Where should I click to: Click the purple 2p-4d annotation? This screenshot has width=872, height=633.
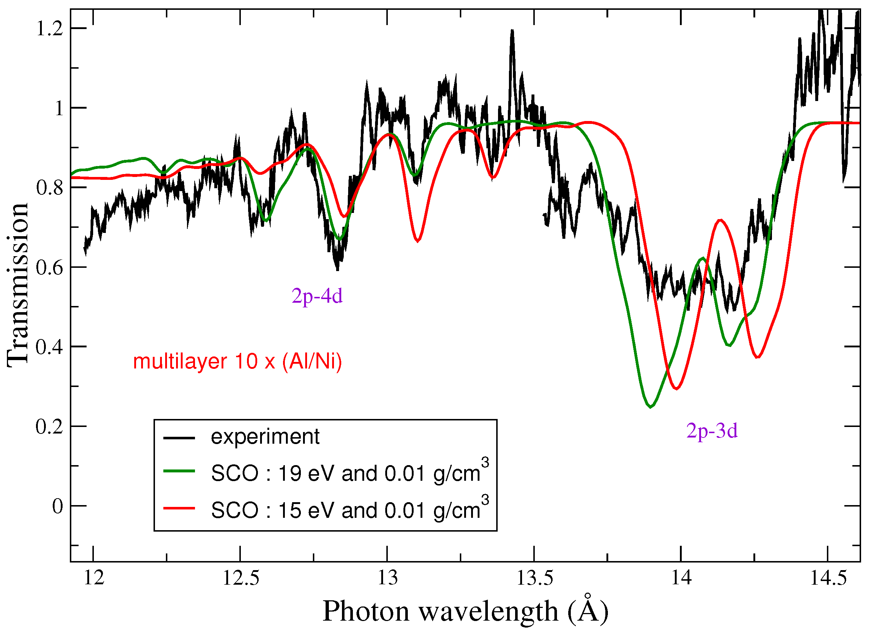pyautogui.click(x=317, y=296)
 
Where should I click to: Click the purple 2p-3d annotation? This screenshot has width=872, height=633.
pyautogui.click(x=712, y=431)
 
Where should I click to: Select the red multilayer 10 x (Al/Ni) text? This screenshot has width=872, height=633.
pyautogui.click(x=237, y=362)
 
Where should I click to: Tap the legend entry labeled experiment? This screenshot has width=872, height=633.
pyautogui.click(x=265, y=437)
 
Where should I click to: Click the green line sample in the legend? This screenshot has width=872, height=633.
pyautogui.click(x=179, y=471)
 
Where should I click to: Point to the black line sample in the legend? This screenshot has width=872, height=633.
pyautogui.click(x=179, y=438)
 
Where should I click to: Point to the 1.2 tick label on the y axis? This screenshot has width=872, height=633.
pyautogui.click(x=49, y=29)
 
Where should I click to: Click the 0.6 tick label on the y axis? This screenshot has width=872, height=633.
pyautogui.click(x=49, y=268)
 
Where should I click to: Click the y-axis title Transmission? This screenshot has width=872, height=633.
pyautogui.click(x=17, y=284)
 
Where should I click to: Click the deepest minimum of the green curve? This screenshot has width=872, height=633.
pyautogui.click(x=650, y=407)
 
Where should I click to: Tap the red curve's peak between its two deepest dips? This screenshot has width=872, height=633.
pyautogui.click(x=720, y=220)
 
